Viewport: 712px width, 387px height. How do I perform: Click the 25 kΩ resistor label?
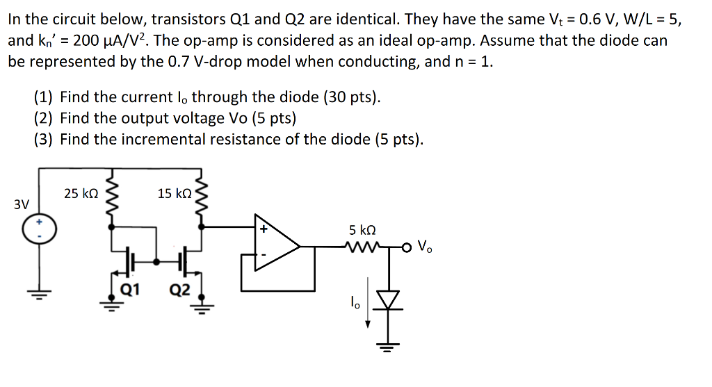[80, 193]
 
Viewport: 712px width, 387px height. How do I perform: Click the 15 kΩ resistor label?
[175, 193]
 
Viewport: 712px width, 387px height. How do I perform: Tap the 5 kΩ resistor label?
[362, 230]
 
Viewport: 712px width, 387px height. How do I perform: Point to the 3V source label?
[22, 205]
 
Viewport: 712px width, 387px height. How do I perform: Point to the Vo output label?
[426, 245]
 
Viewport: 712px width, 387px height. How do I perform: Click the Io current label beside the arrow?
[355, 302]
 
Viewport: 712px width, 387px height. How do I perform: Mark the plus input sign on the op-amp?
[264, 229]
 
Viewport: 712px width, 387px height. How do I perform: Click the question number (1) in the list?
[44, 97]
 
